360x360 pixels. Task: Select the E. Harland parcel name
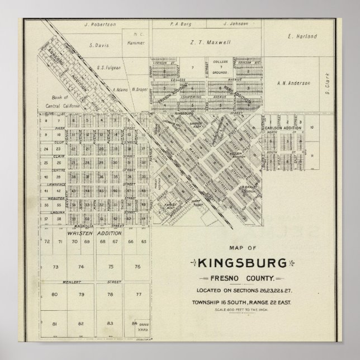pyautogui.click(x=302, y=36)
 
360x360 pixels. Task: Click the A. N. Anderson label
pyautogui.click(x=293, y=83)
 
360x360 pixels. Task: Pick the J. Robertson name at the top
pyautogui.click(x=100, y=25)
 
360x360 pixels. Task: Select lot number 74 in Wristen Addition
pyautogui.click(x=81, y=267)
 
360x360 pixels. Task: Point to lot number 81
pyautogui.click(x=54, y=324)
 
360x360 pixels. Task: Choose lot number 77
pyautogui.click(x=139, y=293)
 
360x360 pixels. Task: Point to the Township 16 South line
pyautogui.click(x=242, y=302)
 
